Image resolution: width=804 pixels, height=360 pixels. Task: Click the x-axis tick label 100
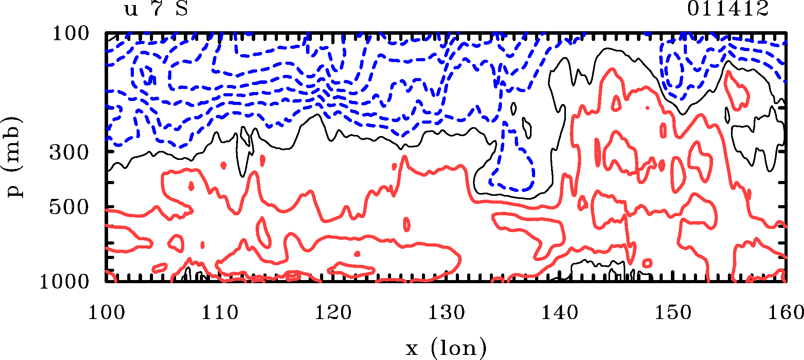click(x=106, y=313)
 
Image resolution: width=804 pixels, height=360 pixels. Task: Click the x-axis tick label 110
click(x=219, y=313)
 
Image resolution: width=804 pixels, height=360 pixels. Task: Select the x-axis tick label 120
click(x=333, y=313)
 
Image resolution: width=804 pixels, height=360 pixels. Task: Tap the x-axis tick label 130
click(x=446, y=313)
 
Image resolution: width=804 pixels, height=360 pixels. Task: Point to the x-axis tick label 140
click(x=560, y=313)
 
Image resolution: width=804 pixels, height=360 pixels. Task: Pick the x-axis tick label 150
click(x=673, y=313)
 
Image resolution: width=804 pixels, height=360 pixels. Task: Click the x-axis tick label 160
click(x=785, y=313)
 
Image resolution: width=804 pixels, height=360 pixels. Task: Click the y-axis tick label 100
click(x=71, y=34)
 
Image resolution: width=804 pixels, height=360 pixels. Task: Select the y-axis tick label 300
click(x=69, y=153)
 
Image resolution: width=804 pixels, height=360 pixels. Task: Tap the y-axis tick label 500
click(x=69, y=207)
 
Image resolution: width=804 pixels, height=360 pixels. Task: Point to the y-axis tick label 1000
click(x=64, y=282)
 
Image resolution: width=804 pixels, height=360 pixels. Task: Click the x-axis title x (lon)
click(x=446, y=348)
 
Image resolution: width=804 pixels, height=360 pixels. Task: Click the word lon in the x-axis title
click(x=459, y=348)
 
